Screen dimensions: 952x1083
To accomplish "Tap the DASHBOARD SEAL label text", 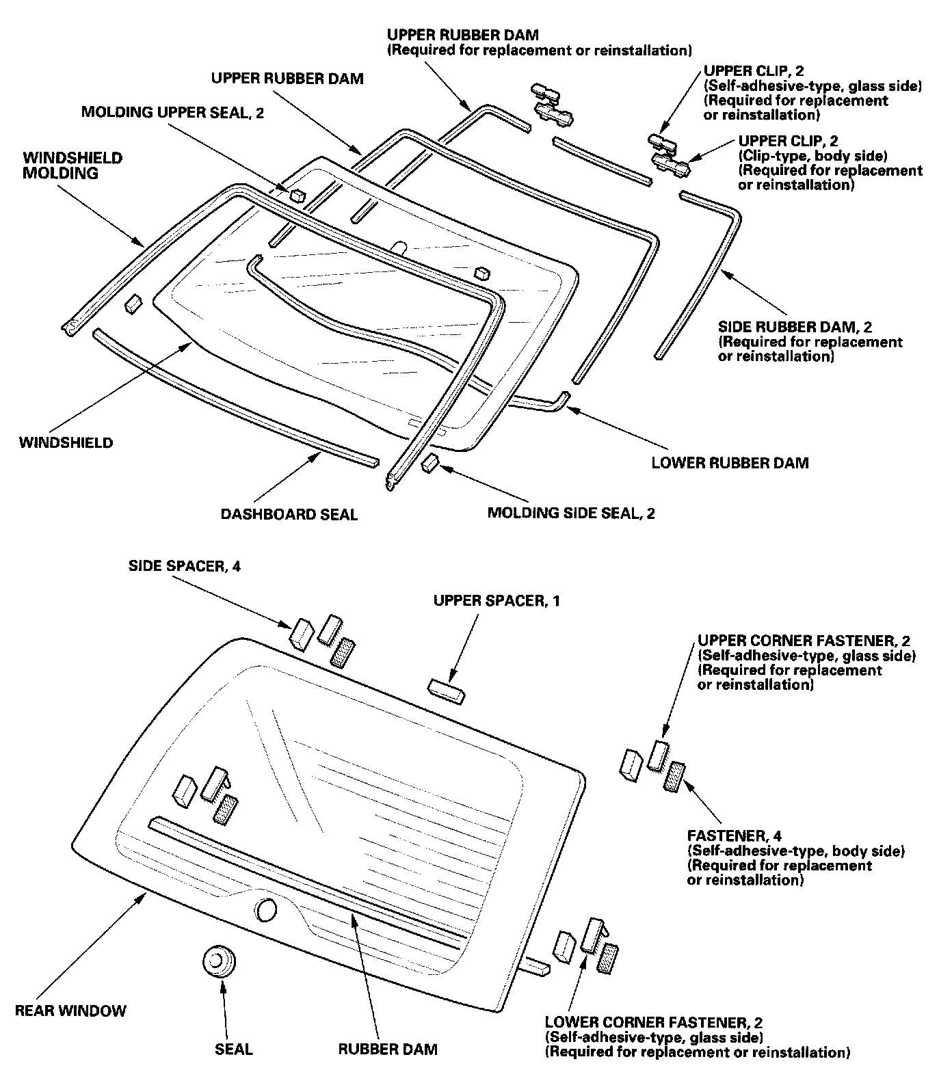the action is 289,514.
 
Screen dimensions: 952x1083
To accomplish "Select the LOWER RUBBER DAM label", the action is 730,463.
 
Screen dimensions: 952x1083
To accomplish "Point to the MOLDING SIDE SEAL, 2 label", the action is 571,513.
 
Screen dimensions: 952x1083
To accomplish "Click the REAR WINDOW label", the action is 71,1011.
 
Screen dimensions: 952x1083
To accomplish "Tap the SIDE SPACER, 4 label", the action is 185,566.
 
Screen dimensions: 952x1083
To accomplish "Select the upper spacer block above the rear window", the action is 447,691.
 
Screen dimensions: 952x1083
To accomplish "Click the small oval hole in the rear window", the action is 265,910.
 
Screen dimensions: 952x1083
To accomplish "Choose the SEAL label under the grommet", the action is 234,1049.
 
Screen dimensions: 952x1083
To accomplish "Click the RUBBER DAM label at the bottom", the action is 388,1049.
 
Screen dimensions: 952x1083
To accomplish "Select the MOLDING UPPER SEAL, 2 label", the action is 172,112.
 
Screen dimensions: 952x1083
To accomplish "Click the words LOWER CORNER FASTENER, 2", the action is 654,1023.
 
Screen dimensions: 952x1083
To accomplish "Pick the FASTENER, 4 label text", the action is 735,835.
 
